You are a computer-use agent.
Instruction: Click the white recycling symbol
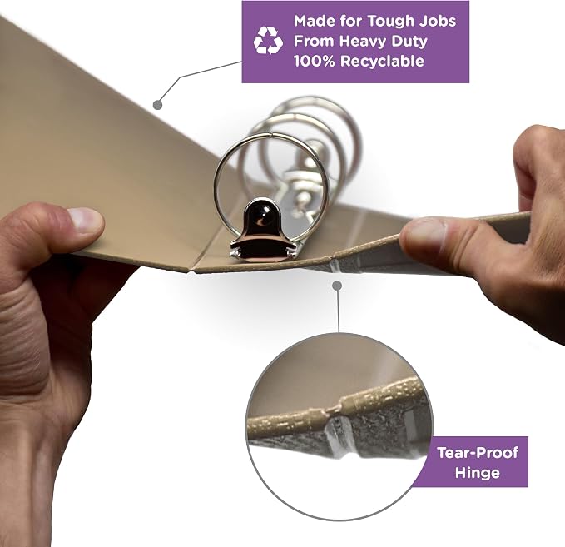[x=268, y=41]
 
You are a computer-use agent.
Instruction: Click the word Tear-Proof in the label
[x=478, y=453]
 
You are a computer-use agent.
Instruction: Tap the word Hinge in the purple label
[x=478, y=473]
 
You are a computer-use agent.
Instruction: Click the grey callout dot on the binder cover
[x=157, y=105]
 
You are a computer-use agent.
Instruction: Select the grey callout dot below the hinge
[x=337, y=286]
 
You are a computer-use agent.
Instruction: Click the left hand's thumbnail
[x=85, y=219]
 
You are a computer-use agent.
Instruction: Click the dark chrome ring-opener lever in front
[x=262, y=231]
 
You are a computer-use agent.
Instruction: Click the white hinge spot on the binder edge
[x=335, y=266]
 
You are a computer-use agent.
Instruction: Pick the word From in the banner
[x=315, y=41]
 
